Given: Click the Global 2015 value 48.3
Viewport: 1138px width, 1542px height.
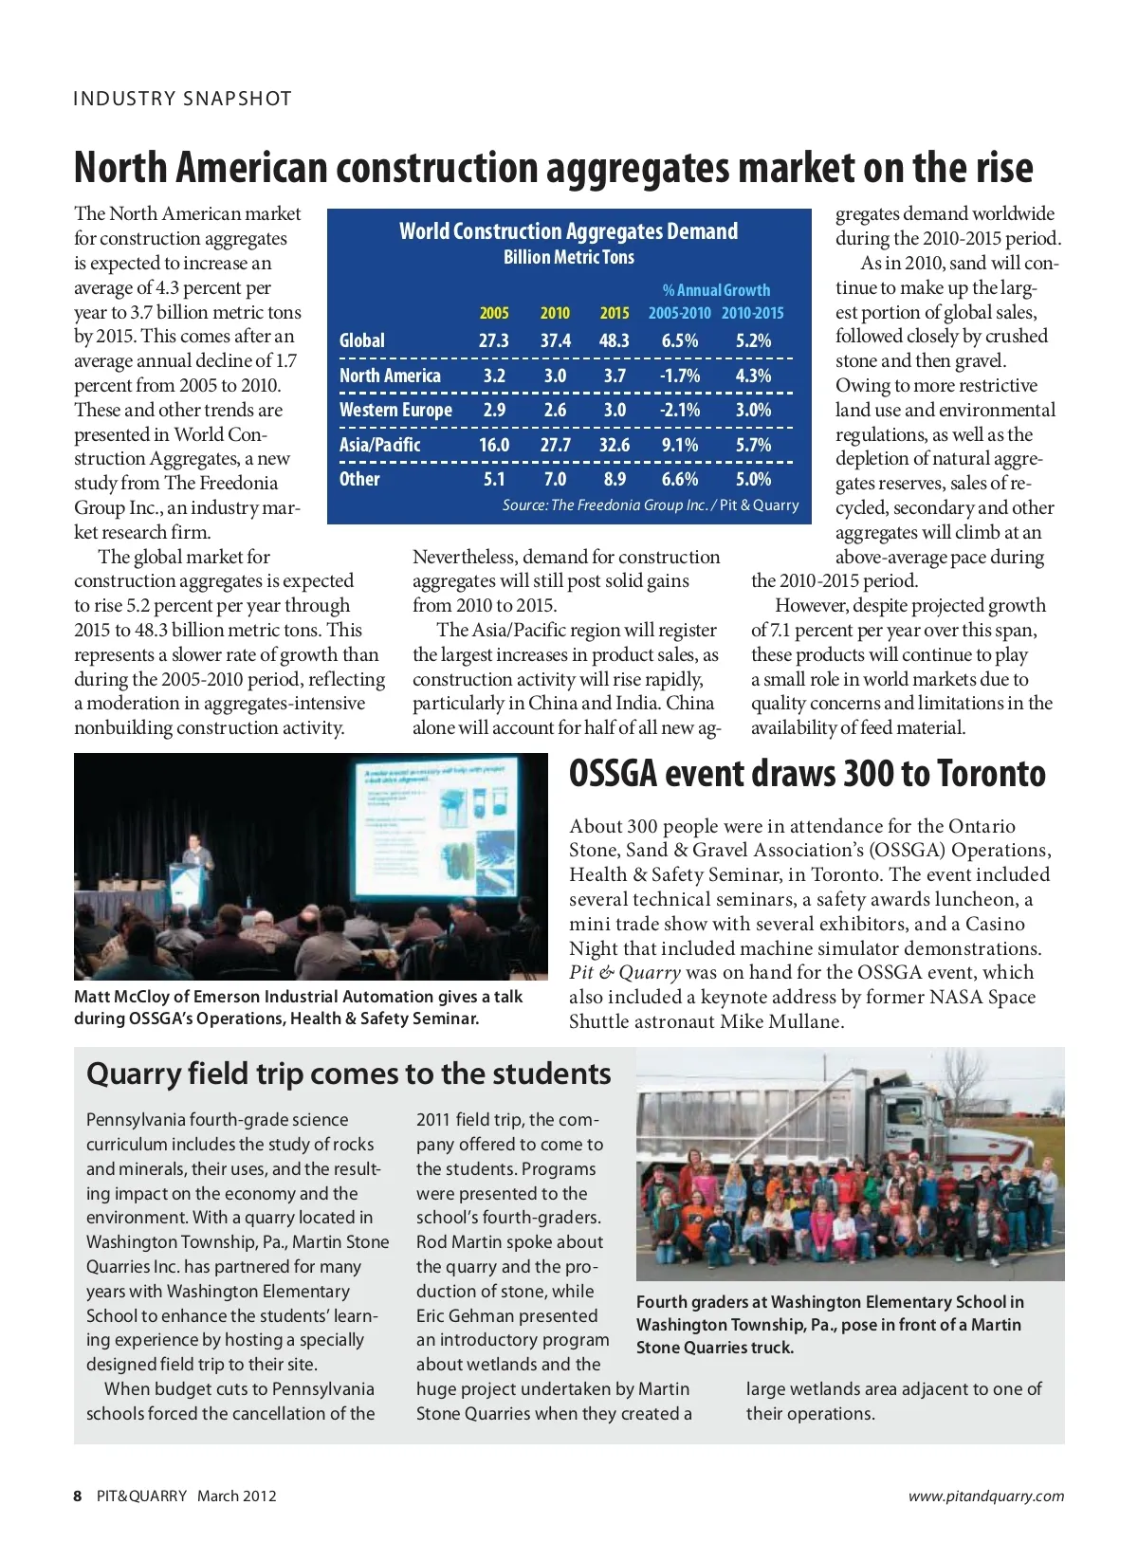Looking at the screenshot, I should tap(615, 340).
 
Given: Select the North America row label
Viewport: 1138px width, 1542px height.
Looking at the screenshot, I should tap(390, 376).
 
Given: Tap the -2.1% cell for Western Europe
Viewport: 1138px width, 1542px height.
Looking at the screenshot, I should tap(680, 410).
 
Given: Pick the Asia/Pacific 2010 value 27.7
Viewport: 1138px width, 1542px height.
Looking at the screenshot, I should tap(555, 445).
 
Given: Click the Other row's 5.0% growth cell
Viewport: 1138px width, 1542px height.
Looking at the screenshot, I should tap(753, 479).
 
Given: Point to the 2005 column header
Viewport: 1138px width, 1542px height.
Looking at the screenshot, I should tap(494, 313).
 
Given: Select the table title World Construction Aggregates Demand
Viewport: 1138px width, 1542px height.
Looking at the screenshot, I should tap(568, 231).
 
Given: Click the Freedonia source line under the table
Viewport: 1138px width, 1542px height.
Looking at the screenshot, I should tap(651, 505).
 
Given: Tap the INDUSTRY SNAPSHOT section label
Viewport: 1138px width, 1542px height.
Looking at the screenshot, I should tap(182, 99).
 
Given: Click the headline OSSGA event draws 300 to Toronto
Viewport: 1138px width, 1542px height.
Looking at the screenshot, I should tap(807, 774).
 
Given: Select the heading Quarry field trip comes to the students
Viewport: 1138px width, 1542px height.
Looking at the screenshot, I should tap(348, 1074).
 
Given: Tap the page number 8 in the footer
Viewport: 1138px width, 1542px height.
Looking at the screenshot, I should tap(78, 1496).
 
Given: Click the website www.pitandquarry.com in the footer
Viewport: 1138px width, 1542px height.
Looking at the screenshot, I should tap(985, 1496).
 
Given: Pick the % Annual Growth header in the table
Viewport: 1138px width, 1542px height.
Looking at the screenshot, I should tap(716, 290).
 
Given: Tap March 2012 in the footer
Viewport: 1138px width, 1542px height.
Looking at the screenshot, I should tap(237, 1496).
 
